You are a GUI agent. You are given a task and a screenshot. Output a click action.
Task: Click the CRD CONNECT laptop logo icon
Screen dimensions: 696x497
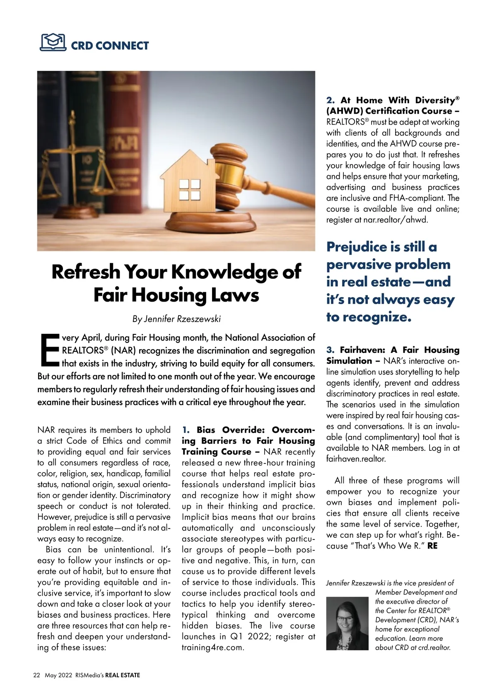pos(53,42)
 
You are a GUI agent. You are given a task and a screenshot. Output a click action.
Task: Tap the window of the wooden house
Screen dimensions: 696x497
pos(189,190)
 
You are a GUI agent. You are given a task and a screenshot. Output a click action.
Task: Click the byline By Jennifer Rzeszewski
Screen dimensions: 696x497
pos(176,319)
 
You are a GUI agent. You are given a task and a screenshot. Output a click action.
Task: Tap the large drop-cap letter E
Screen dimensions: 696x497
pos(49,350)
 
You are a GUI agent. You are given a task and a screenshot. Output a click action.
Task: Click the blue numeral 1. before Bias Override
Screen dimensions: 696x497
pos(186,430)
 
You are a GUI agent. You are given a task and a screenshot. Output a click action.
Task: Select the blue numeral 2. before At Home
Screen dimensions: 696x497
pos(330,100)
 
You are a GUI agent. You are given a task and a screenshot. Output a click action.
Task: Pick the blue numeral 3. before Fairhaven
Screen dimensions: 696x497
pos(330,350)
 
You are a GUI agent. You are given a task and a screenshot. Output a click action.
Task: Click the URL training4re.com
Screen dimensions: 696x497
pos(213,648)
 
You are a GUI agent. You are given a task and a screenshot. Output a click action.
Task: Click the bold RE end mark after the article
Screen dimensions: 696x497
pos(432,546)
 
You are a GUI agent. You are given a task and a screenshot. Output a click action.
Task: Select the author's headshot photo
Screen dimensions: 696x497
pos(347,623)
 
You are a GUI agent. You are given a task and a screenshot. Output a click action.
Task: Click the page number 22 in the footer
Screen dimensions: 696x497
pos(36,675)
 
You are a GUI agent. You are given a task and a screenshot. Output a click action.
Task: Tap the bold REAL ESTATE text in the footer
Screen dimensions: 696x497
pos(123,675)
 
